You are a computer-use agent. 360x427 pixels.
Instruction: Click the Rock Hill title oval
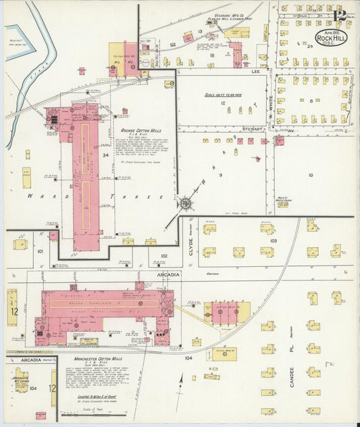[331, 36]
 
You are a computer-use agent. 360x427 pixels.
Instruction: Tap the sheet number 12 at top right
[340, 14]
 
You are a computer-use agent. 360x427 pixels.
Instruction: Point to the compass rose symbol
[184, 201]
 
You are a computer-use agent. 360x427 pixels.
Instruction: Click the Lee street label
[255, 70]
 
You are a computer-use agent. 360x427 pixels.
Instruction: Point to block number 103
[273, 241]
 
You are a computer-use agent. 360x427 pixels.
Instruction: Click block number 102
[163, 256]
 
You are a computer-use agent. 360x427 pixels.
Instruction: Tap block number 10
[310, 175]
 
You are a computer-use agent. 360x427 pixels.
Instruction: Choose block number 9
[220, 175]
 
